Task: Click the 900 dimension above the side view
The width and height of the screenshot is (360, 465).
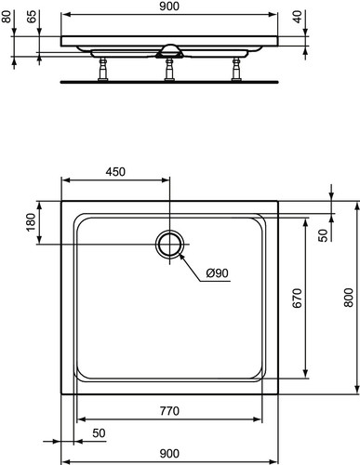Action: point(169,7)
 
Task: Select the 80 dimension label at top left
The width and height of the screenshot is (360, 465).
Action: point(7,16)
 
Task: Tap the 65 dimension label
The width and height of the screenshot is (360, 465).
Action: point(32,16)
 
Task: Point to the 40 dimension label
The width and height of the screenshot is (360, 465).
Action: point(298,17)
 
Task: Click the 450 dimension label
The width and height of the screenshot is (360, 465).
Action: point(115,172)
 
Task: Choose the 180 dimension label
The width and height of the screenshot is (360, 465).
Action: point(32,222)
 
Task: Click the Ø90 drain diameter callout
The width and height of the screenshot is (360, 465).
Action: point(218,273)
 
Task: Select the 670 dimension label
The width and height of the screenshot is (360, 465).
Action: point(297,298)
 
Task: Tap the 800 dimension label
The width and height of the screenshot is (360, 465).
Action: point(349,298)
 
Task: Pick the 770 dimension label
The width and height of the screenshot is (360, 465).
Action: point(169,411)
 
